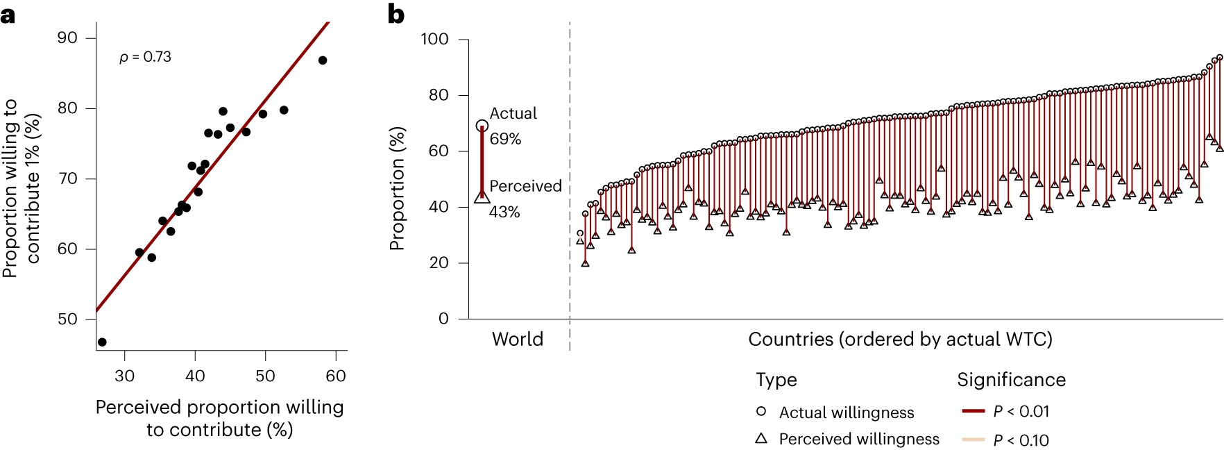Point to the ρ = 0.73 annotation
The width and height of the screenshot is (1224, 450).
[x=145, y=57]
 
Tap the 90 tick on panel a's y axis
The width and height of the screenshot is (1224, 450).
[x=67, y=38]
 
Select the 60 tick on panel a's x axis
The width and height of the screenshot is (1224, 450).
[x=336, y=376]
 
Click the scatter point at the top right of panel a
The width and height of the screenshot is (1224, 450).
[x=323, y=60]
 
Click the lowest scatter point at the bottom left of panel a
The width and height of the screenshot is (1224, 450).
[x=103, y=342]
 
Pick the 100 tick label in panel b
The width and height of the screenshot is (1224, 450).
[x=434, y=39]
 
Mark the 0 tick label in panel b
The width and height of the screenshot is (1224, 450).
[x=443, y=319]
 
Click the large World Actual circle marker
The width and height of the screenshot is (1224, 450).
[x=482, y=126]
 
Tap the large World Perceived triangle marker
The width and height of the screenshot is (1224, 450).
[x=482, y=197]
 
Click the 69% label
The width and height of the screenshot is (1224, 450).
[x=505, y=139]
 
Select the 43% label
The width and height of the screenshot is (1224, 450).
[x=504, y=212]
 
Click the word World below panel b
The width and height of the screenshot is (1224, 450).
[x=518, y=339]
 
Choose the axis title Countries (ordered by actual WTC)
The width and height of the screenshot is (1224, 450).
[x=900, y=339]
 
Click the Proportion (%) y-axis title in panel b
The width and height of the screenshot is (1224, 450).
[x=397, y=188]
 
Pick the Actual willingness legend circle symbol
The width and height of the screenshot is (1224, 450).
[x=761, y=411]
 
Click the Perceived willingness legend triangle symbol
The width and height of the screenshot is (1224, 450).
[x=761, y=438]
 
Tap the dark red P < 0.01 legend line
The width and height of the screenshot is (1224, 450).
[x=974, y=411]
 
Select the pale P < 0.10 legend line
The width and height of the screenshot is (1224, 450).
[x=974, y=439]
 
